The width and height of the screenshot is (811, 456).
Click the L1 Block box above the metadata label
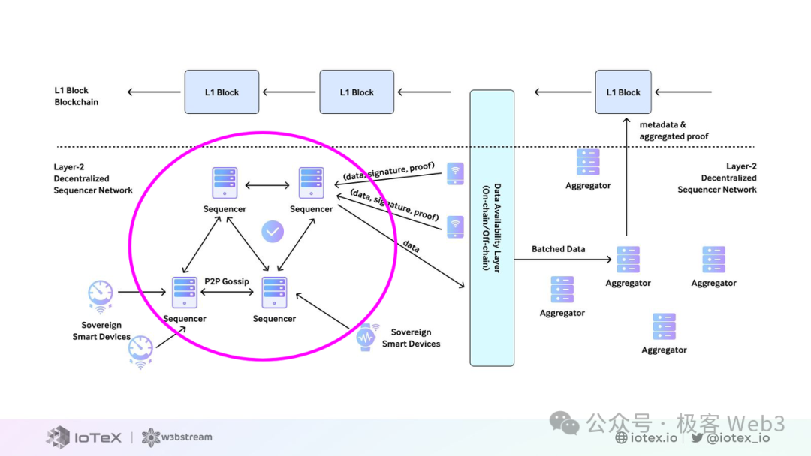pyautogui.click(x=623, y=92)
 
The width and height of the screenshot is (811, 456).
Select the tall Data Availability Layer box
pyautogui.click(x=492, y=227)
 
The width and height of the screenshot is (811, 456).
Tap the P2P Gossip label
pyautogui.click(x=227, y=281)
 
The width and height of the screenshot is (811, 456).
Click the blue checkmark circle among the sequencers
pyautogui.click(x=273, y=232)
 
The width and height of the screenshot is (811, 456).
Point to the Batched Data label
pyautogui.click(x=558, y=249)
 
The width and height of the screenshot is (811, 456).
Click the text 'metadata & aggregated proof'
pyautogui.click(x=674, y=130)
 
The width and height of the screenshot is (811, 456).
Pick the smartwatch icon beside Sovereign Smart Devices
pyautogui.click(x=366, y=337)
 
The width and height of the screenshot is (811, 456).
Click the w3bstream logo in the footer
pyautogui.click(x=177, y=436)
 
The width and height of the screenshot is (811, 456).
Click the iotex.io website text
pyautogui.click(x=647, y=438)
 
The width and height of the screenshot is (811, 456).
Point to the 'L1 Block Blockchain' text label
pyautogui.click(x=76, y=96)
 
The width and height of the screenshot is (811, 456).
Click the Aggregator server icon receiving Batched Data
pyautogui.click(x=628, y=259)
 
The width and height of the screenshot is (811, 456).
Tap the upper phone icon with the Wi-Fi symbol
pyautogui.click(x=455, y=174)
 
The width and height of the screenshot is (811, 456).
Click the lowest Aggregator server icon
pyautogui.click(x=664, y=327)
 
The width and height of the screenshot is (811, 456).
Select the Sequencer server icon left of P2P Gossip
pyautogui.click(x=185, y=292)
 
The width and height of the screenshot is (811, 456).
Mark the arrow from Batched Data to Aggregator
pyautogui.click(x=563, y=259)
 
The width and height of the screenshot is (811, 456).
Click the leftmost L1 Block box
pyautogui.click(x=222, y=92)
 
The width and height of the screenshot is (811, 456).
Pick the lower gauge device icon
pyautogui.click(x=140, y=350)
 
